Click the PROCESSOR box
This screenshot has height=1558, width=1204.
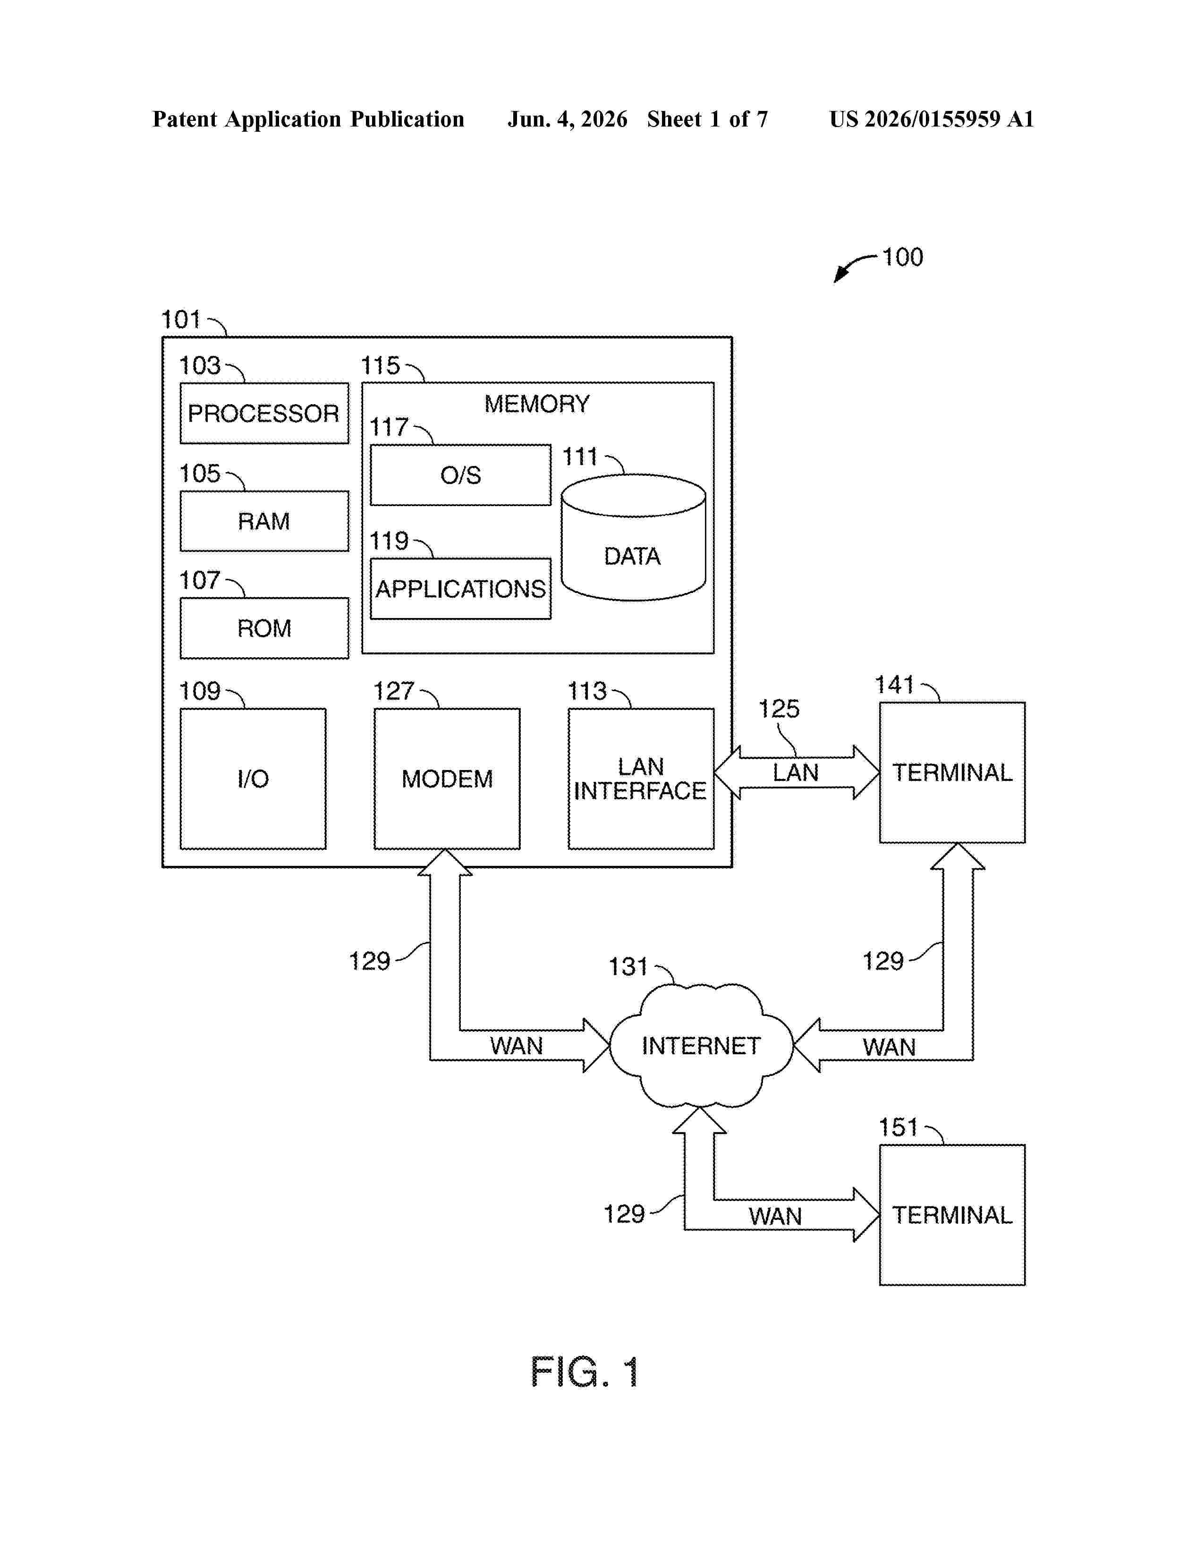(x=264, y=413)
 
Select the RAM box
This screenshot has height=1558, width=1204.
(x=264, y=521)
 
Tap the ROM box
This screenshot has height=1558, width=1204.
(x=264, y=628)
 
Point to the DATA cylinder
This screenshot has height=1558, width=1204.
(x=633, y=538)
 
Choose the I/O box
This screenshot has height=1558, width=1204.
(x=253, y=778)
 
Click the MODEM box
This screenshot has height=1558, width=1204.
(x=447, y=778)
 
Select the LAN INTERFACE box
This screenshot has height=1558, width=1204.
(x=641, y=778)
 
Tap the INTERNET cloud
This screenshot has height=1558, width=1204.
(x=701, y=1046)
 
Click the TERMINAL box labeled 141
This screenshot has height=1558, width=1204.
(x=952, y=772)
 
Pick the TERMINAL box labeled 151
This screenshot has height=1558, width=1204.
(x=952, y=1215)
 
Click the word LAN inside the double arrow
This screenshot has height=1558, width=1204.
(x=795, y=772)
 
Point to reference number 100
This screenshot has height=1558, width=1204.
(x=902, y=257)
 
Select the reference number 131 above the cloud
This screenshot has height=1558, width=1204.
(x=627, y=966)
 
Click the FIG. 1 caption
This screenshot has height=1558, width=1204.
(x=585, y=1372)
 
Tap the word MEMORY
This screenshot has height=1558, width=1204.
(x=537, y=404)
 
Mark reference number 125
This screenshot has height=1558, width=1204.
(x=778, y=708)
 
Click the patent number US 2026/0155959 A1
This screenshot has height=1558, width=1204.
(x=932, y=119)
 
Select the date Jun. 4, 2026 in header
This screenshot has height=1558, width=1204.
(x=568, y=119)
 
